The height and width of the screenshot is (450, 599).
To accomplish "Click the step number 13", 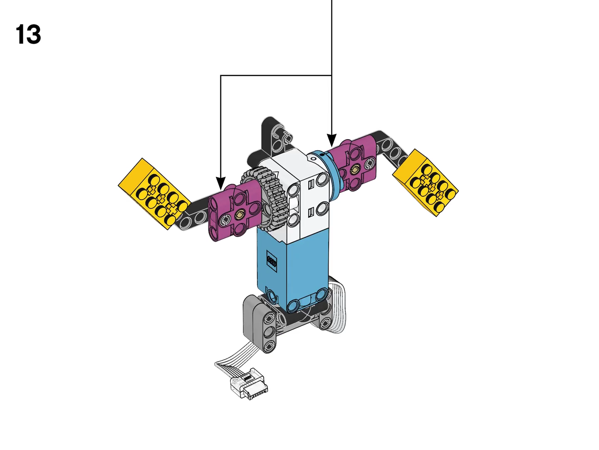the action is click(28, 35).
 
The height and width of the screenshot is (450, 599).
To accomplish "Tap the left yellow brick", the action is click(154, 194).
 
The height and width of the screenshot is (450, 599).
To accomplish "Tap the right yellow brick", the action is click(425, 182).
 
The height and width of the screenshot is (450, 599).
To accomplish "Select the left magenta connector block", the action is click(235, 212).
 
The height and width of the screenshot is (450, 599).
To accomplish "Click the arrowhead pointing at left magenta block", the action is click(220, 183).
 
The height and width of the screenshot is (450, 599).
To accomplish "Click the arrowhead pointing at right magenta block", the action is click(332, 140).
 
